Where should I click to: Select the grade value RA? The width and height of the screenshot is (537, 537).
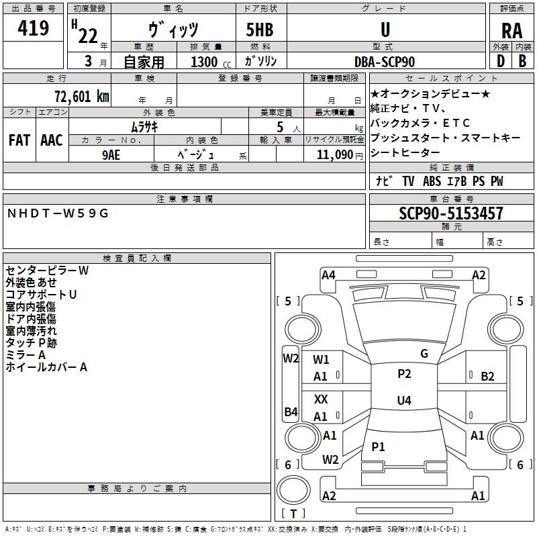511,30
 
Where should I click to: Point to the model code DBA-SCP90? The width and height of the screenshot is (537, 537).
385,62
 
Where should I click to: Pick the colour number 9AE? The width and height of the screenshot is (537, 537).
111,154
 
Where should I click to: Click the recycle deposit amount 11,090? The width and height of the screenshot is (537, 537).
332,154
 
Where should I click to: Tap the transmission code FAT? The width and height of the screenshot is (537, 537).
19,140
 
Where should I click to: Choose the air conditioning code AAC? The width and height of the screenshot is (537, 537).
52,140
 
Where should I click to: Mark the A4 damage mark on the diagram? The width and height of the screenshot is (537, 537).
328,275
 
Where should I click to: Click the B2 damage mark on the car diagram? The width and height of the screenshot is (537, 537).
488,376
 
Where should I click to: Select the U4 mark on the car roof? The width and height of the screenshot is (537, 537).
404,400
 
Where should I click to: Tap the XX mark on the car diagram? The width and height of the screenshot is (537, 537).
322,399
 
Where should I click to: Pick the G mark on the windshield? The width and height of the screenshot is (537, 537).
424,354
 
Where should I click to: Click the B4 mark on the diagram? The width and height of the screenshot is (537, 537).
291,411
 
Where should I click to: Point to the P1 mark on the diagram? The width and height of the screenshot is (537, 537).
379,446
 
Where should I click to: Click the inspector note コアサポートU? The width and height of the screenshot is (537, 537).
41,295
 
